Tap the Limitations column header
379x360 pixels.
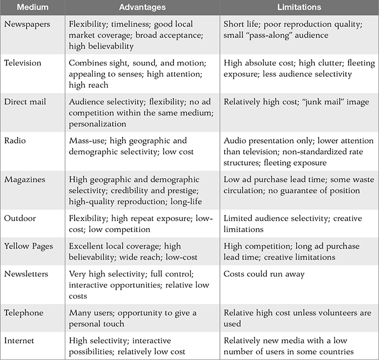click(x=299, y=8)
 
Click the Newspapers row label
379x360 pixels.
click(x=27, y=25)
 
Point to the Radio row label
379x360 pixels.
click(x=16, y=141)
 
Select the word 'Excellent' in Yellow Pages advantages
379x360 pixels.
click(x=88, y=246)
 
